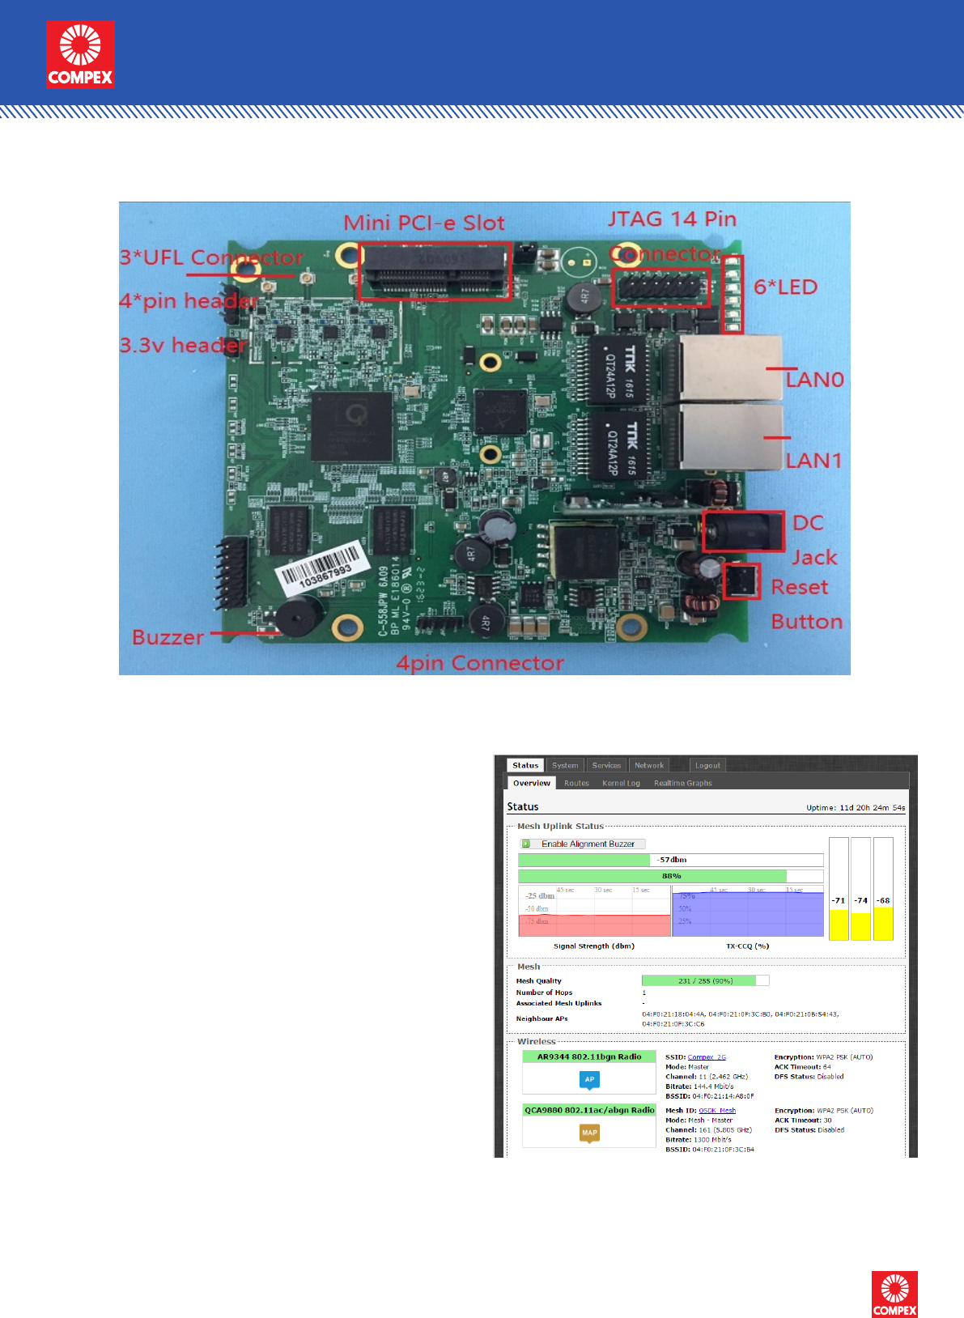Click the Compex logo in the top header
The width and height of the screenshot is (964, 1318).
(80, 54)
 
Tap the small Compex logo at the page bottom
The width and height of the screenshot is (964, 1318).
(894, 1294)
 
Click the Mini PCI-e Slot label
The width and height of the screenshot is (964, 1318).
(424, 223)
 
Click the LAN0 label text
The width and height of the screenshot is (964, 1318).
(815, 380)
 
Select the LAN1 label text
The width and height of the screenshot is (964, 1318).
(814, 461)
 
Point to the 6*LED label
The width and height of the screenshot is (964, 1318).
(785, 287)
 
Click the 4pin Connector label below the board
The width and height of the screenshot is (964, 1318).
(480, 663)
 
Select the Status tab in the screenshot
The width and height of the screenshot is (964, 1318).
(525, 765)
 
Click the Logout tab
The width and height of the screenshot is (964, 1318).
(707, 765)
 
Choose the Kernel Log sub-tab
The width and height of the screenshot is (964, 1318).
(621, 783)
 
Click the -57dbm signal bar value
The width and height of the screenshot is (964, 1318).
(672, 860)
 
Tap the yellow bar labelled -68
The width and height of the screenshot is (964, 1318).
(883, 922)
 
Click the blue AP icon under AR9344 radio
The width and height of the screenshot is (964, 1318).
(589, 1079)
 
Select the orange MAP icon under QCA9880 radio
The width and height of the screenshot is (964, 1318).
(589, 1133)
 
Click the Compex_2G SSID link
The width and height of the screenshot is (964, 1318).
(707, 1057)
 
